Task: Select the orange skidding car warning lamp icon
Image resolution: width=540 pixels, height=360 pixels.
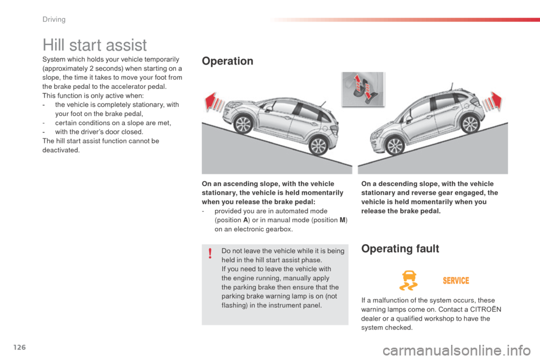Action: [407, 280]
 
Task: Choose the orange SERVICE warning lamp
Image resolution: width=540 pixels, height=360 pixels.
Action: [456, 280]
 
